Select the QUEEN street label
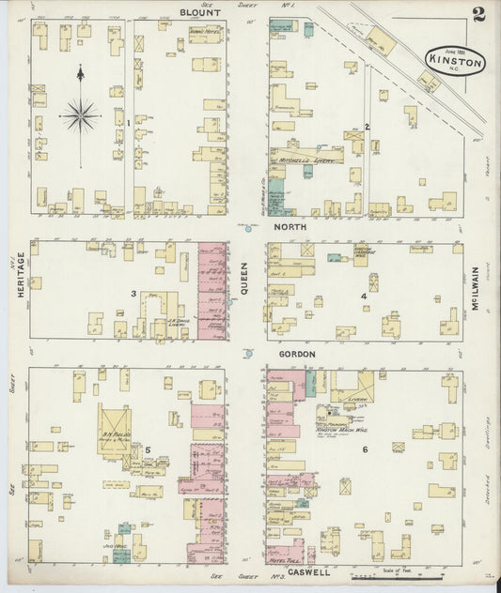point(243,279)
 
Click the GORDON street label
point(296,354)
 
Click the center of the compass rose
point(81,115)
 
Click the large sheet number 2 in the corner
point(479,14)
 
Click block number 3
point(133,294)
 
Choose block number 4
point(364,296)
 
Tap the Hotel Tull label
point(283,555)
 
